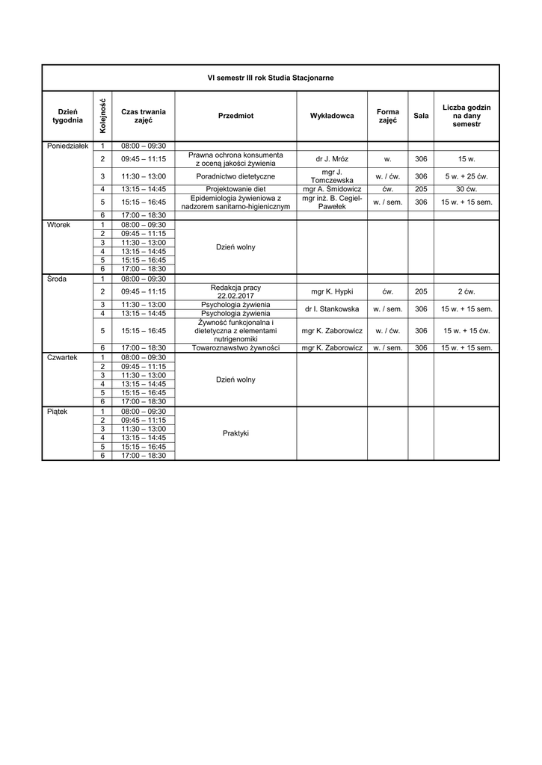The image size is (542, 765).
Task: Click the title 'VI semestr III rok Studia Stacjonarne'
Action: pyautogui.click(x=270, y=78)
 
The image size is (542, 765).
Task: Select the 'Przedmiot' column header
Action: pyautogui.click(x=235, y=116)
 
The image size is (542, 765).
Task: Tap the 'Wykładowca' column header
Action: pyautogui.click(x=331, y=116)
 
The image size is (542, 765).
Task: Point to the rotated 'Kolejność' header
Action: pyautogui.click(x=102, y=116)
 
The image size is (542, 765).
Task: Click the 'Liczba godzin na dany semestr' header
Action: pyautogui.click(x=466, y=116)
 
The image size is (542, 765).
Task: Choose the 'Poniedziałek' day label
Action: pyautogui.click(x=67, y=146)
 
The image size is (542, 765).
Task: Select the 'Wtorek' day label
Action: pyautogui.click(x=58, y=224)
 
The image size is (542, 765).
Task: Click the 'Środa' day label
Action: pyautogui.click(x=57, y=279)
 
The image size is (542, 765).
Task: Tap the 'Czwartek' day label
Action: pyautogui.click(x=62, y=357)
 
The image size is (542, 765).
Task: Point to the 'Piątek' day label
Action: pyautogui.click(x=57, y=412)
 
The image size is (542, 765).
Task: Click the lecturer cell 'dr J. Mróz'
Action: pyautogui.click(x=331, y=159)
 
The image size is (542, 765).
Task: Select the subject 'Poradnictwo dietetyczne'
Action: pyautogui.click(x=235, y=176)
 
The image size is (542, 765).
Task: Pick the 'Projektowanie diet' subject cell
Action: pyautogui.click(x=235, y=190)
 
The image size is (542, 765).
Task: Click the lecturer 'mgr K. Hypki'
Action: pyautogui.click(x=331, y=291)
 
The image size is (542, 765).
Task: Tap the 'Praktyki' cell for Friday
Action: pyautogui.click(x=235, y=433)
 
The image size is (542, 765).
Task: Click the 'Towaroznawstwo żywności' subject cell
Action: pyautogui.click(x=235, y=348)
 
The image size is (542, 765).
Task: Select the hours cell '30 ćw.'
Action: pyautogui.click(x=466, y=190)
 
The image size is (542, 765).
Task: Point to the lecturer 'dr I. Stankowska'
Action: pyautogui.click(x=331, y=309)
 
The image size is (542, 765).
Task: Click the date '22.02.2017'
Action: pyautogui.click(x=235, y=296)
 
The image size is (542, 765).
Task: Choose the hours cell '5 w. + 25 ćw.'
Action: pyautogui.click(x=466, y=176)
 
